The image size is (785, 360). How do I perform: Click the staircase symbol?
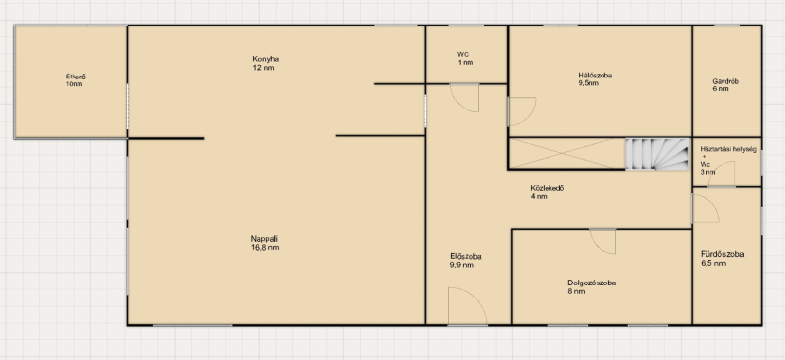[657, 154]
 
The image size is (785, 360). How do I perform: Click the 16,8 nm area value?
[265, 248]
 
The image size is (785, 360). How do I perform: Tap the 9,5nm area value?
[588, 83]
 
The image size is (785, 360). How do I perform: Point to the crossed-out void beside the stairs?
[567, 154]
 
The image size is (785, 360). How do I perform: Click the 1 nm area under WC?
[465, 63]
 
